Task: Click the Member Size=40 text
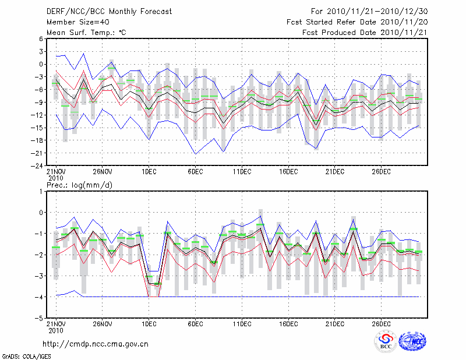(72, 22)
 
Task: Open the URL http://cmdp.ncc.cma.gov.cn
(96, 344)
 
